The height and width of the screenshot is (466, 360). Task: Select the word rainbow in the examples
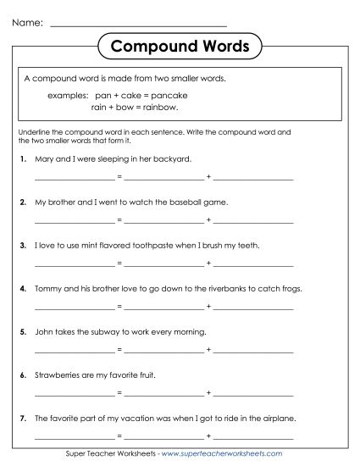click(161, 108)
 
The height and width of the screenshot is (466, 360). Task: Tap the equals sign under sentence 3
click(119, 266)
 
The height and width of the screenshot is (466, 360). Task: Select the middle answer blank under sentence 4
click(164, 309)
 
